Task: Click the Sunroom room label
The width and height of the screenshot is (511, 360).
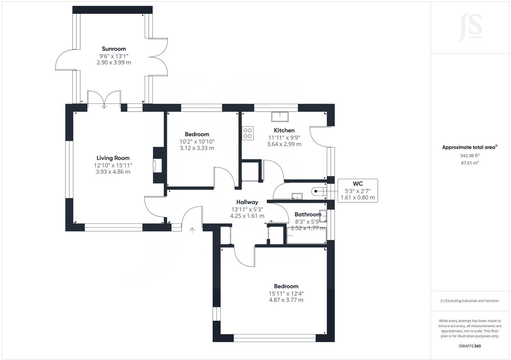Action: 114,49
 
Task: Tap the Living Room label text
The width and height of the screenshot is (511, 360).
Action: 113,158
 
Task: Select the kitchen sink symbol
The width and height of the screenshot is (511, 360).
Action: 280,116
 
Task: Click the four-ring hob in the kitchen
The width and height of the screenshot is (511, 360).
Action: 248,133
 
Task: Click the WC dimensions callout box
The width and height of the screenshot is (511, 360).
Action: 358,191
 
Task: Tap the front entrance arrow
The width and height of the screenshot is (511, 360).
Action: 192,230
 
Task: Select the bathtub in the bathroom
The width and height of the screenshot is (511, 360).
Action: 306,236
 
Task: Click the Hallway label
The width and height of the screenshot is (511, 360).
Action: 247,202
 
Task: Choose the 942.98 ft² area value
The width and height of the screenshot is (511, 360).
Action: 469,156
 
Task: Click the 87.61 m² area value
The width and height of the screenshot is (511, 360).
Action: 469,163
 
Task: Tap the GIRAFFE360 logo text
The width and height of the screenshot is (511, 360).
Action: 469,346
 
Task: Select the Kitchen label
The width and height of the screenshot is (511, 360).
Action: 284,130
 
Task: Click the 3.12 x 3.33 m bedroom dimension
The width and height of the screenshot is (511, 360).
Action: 197,148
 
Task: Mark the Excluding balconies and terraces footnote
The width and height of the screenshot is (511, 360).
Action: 469,301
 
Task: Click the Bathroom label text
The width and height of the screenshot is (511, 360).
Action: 308,214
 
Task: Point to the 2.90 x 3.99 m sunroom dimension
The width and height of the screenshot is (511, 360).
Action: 114,63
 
